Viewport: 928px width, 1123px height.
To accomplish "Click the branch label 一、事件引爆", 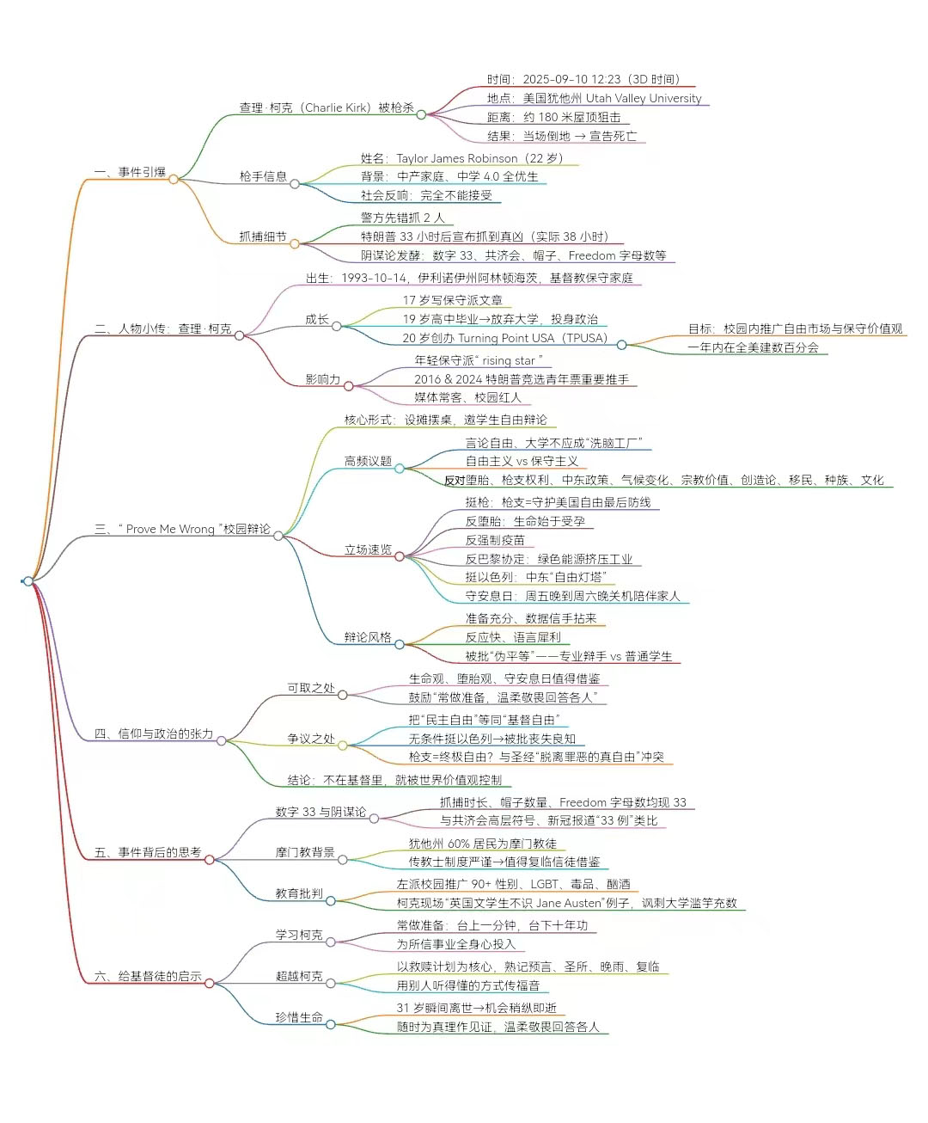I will [130, 172].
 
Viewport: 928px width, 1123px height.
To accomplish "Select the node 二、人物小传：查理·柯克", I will [162, 328].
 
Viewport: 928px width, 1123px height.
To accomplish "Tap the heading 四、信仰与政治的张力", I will [153, 733].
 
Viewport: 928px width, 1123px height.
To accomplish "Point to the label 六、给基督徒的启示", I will [148, 976].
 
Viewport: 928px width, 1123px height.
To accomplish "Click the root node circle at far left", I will [28, 581].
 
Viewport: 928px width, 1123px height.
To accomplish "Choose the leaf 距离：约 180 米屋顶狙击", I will [553, 117].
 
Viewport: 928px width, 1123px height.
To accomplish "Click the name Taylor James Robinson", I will [457, 158].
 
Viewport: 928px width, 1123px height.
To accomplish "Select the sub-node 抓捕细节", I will [263, 236].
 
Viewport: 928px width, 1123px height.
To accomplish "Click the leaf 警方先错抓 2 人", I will [402, 218].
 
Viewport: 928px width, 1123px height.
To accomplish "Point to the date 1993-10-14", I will [374, 278].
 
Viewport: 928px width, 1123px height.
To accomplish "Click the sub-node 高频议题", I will [368, 461].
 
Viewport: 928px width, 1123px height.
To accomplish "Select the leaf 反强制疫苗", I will [495, 540].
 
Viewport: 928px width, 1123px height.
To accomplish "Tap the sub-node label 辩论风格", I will [368, 637].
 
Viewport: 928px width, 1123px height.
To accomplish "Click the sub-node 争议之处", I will [311, 739].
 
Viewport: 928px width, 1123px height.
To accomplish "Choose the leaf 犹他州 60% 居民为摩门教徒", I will [482, 844].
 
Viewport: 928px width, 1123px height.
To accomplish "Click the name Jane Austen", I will [567, 903].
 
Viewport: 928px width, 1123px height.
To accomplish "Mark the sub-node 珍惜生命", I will [299, 1017].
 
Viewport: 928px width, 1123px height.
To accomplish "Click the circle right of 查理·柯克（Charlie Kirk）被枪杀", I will [421, 114].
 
